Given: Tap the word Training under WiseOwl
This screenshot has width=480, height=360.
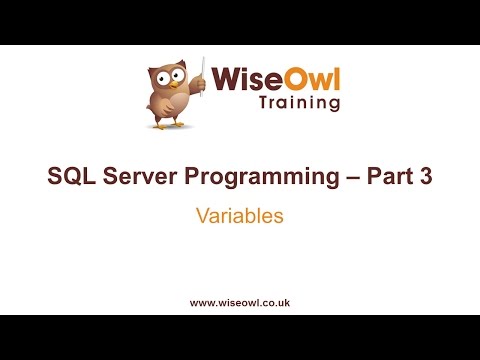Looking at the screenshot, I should coord(299,103).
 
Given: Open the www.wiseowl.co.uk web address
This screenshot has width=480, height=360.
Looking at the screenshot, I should coord(240,301).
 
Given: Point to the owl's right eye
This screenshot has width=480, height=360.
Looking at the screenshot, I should coord(181,73).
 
